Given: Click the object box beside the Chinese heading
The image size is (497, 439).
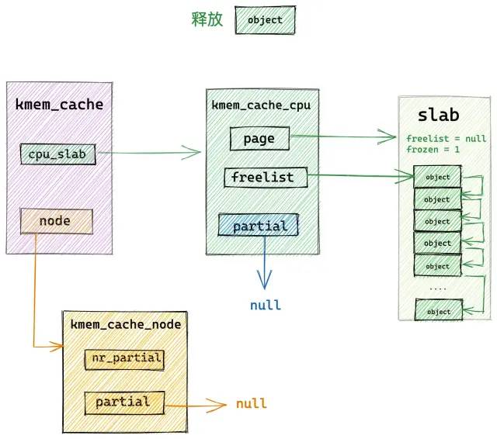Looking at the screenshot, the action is click(265, 20).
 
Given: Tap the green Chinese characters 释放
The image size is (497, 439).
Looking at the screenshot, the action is click(207, 19).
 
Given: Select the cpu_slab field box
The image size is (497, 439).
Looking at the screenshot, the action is click(58, 154).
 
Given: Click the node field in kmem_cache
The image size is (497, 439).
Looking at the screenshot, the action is click(57, 221).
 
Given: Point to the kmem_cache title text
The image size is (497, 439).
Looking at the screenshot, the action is click(59, 105).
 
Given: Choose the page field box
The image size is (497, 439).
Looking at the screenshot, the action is click(259, 139).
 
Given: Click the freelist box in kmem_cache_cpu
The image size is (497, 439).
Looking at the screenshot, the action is click(266, 178).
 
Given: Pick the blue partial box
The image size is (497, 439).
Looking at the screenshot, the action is click(259, 225).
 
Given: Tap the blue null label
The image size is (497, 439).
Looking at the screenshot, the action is click(266, 305).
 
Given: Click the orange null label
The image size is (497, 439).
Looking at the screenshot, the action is click(252, 403).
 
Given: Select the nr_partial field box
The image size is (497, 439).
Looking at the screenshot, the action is click(124, 360).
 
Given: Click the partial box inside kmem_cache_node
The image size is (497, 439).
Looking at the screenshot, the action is click(124, 403).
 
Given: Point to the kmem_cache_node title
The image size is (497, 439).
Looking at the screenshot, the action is click(126, 324).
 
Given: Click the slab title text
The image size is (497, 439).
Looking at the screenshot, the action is click(438, 115).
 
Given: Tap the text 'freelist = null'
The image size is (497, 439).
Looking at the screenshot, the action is click(447, 139).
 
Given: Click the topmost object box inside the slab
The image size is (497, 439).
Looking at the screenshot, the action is click(437, 177).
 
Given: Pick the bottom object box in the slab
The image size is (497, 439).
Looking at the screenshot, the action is click(439, 310).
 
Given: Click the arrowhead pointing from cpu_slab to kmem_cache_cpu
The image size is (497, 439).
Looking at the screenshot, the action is click(191, 152).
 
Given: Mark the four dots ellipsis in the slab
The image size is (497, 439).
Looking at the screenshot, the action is click(438, 289).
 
